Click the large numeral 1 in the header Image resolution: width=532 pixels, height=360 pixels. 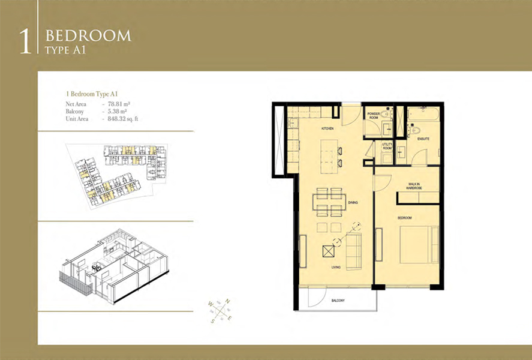(x=25, y=40)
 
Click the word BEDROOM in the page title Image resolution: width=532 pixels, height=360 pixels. (x=88, y=35)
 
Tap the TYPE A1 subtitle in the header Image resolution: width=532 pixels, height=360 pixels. (x=66, y=50)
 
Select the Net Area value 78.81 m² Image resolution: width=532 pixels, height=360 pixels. (x=119, y=104)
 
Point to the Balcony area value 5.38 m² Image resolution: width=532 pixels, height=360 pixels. (x=118, y=112)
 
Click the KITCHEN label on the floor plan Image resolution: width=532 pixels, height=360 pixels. (x=327, y=129)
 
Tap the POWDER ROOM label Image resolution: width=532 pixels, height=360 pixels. (x=374, y=115)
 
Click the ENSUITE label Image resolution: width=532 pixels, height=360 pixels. (x=423, y=139)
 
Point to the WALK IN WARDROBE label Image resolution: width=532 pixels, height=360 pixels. (x=414, y=187)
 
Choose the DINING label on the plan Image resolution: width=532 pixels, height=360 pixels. (x=353, y=203)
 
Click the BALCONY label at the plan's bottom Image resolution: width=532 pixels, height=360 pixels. (x=339, y=301)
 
